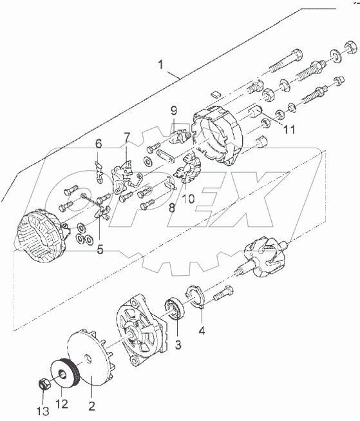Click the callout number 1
(161, 64)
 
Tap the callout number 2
(91, 406)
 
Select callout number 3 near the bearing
(178, 344)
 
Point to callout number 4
(202, 330)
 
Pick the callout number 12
(62, 404)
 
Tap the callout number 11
(289, 130)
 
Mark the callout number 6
(99, 144)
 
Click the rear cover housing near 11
(218, 134)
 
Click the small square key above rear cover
(215, 93)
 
